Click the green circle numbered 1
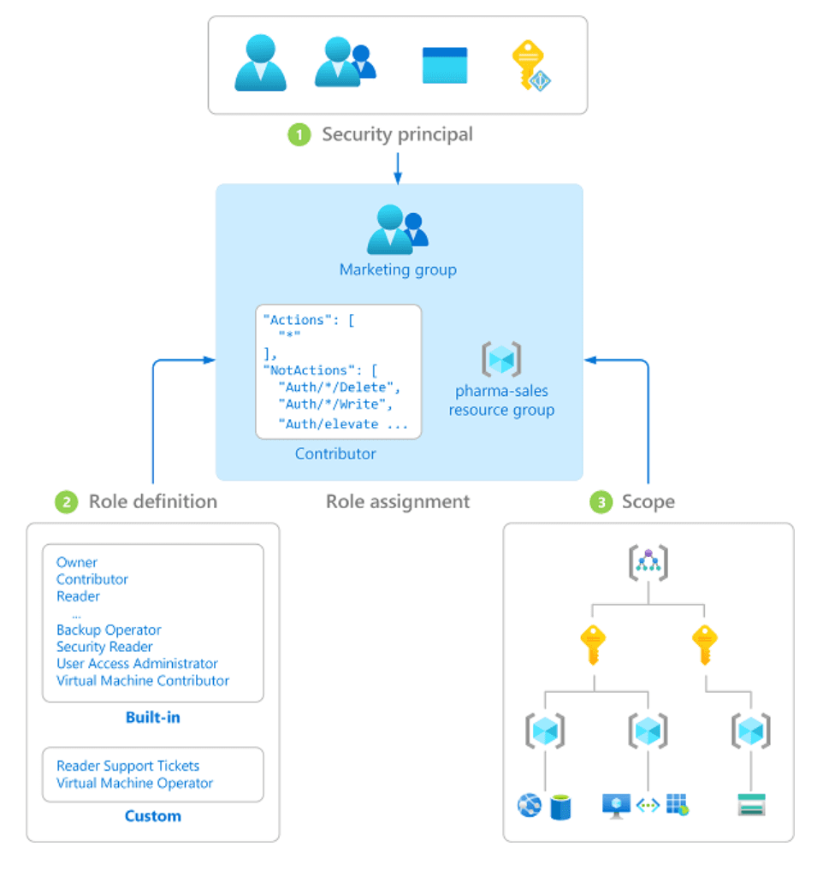coord(299,135)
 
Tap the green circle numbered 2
coord(66,501)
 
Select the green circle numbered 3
coord(601,501)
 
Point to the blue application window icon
coord(445,65)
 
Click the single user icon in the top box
coord(260,63)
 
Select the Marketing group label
coord(398,269)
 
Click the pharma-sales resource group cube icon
coord(501,359)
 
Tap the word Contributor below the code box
coord(335,453)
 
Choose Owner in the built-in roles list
coord(77,562)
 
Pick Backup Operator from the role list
coord(109,630)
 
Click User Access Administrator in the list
coord(137,664)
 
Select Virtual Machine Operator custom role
coord(134,783)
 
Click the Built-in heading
coord(152,718)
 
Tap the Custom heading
coord(152,815)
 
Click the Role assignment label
coord(398,501)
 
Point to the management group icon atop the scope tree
coord(648,563)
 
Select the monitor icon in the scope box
coord(616,804)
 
